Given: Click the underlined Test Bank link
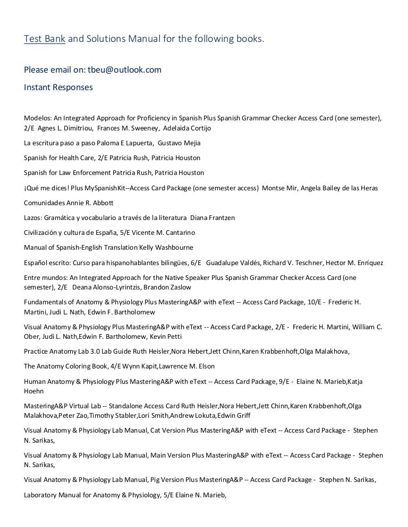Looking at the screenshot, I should (x=45, y=39).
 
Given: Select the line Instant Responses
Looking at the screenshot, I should (x=58, y=87).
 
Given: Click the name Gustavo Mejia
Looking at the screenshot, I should (x=179, y=143).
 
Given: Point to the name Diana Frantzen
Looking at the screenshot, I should (x=211, y=217).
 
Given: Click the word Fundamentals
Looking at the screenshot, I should (x=48, y=302).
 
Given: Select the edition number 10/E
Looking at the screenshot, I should (x=314, y=302).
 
